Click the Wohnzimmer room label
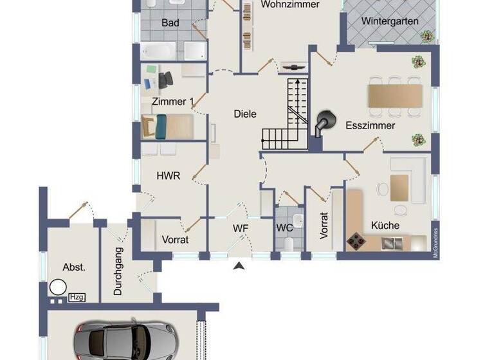coord(290,4)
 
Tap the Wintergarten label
coord(390,21)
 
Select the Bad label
coord(170,23)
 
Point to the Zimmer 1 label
coord(173,102)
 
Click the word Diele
coord(244,114)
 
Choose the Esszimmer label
coord(370,126)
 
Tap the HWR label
coord(169,175)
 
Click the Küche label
coord(385,226)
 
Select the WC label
coord(284,228)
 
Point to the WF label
coord(241,228)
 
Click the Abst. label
coord(74,267)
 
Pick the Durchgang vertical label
coord(118,269)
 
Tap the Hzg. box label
coord(77,297)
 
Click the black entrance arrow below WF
coord(240,265)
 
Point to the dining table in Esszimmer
coord(394,96)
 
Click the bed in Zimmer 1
coord(168,125)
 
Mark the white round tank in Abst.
coord(59,287)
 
